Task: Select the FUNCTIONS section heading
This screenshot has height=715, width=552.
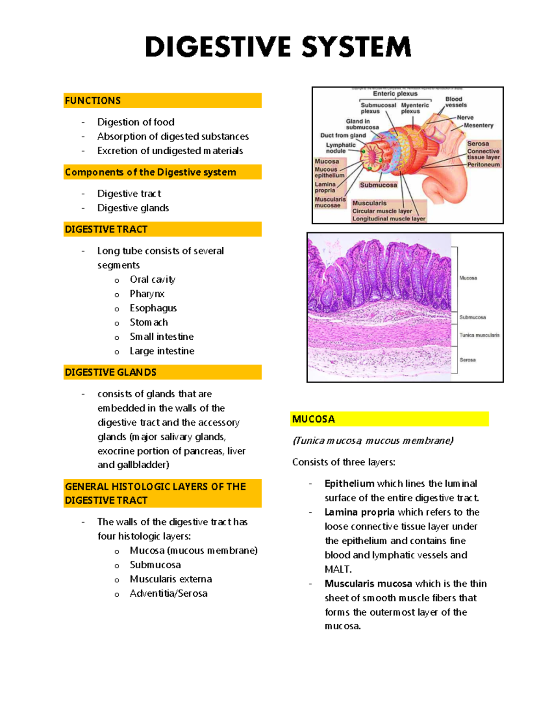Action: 93,100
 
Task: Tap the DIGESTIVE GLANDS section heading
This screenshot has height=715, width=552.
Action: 110,372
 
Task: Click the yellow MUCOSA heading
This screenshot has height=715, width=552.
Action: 314,419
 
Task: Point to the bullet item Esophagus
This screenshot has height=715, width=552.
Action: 153,308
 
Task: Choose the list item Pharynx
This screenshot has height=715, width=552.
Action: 147,294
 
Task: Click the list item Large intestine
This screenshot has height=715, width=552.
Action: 162,351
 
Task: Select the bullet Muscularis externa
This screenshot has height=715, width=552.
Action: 171,579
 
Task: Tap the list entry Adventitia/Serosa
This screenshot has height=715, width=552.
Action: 168,593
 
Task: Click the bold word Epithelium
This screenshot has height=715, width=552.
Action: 349,483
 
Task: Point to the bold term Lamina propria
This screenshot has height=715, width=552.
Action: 359,512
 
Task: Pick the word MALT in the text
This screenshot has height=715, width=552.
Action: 338,569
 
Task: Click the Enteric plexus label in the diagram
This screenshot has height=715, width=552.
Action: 395,93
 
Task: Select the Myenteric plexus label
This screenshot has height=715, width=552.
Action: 414,108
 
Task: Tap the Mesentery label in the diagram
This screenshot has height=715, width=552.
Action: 478,125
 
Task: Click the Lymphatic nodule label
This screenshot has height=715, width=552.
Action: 340,148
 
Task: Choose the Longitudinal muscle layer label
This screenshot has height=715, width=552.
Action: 389,219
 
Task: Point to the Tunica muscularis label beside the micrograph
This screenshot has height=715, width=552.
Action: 479,335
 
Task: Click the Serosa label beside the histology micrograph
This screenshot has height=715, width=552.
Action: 467,360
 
